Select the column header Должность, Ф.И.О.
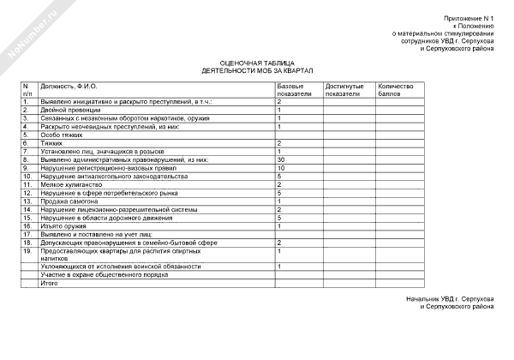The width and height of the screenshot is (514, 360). pos(68,87)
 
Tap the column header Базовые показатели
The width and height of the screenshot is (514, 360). pos(295,91)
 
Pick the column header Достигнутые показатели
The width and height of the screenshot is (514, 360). pos(344,91)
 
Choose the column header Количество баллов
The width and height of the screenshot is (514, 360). pos(396,91)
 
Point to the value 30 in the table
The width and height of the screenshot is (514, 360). pos(281,159)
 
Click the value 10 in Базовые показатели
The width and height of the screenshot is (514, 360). pos(281,168)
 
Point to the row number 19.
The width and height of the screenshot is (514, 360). pos(27,250)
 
